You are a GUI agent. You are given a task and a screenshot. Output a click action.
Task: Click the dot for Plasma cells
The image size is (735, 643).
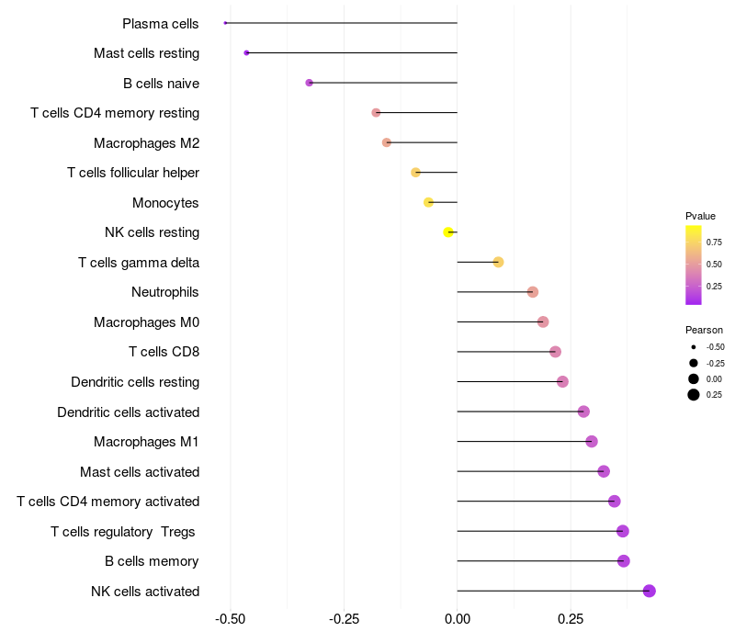click(x=225, y=23)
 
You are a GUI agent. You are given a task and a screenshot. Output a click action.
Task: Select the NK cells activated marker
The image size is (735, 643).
click(x=650, y=591)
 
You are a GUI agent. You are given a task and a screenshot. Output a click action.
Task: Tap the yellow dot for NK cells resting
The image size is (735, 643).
click(x=448, y=232)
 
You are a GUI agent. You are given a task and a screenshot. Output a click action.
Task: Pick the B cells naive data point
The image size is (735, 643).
click(x=309, y=83)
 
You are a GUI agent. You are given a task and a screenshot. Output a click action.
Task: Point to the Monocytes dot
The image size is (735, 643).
click(x=428, y=202)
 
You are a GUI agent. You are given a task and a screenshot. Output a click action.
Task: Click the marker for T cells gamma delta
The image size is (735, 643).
click(x=498, y=262)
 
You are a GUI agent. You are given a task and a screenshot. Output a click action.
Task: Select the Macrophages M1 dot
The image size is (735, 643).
click(x=592, y=442)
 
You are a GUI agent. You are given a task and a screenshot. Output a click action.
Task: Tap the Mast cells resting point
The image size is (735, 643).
click(x=246, y=53)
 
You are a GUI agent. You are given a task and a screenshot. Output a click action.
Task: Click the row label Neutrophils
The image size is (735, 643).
click(x=165, y=292)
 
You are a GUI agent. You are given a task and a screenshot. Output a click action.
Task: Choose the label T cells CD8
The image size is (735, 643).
click(x=164, y=352)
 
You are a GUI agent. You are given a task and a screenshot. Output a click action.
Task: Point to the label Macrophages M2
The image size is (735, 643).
click(x=147, y=143)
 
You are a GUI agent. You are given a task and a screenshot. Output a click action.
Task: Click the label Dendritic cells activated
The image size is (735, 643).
click(x=129, y=412)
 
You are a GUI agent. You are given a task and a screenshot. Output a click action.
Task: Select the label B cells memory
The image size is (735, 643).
click(x=152, y=561)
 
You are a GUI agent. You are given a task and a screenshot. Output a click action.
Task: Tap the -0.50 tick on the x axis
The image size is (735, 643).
click(x=231, y=619)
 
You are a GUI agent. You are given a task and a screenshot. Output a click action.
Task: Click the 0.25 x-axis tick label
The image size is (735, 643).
click(x=571, y=619)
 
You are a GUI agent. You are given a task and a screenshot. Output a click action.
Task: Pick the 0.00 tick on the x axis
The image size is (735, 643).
click(x=457, y=619)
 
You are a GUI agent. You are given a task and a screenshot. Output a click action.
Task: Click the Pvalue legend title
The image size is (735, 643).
click(x=700, y=216)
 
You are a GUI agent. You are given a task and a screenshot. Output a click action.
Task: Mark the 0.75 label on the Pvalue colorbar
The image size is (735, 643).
click(x=714, y=243)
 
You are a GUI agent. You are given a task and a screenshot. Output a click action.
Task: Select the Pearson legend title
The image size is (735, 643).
click(x=704, y=330)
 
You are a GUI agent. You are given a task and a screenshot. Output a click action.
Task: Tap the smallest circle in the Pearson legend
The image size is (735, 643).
click(x=694, y=347)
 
